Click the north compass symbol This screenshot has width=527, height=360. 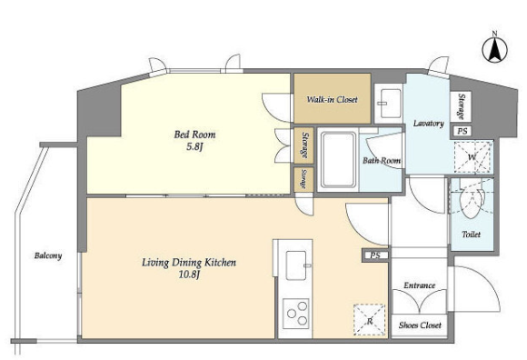point(494,49)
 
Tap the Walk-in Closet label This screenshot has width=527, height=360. point(332,99)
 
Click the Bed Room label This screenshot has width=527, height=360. point(194,135)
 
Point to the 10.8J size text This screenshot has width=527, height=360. point(189,275)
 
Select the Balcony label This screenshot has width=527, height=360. point(48,255)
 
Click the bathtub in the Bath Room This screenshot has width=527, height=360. point(338,160)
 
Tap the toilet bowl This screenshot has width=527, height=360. point(472,203)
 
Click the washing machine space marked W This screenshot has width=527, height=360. point(473,157)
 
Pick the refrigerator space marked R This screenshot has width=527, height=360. point(370,320)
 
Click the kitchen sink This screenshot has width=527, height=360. point(296,265)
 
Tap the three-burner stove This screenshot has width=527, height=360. point(296,314)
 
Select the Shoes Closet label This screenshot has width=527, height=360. point(420,325)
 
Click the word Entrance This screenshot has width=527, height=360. point(419,285)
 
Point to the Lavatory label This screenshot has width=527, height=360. point(429,124)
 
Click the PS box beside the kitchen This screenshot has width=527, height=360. point(375,255)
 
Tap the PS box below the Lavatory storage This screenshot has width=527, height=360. point(462,131)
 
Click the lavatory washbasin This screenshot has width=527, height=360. point(390,104)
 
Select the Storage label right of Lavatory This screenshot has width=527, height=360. point(462,106)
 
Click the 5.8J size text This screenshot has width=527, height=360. point(194,147)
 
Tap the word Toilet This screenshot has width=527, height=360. point(472,235)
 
